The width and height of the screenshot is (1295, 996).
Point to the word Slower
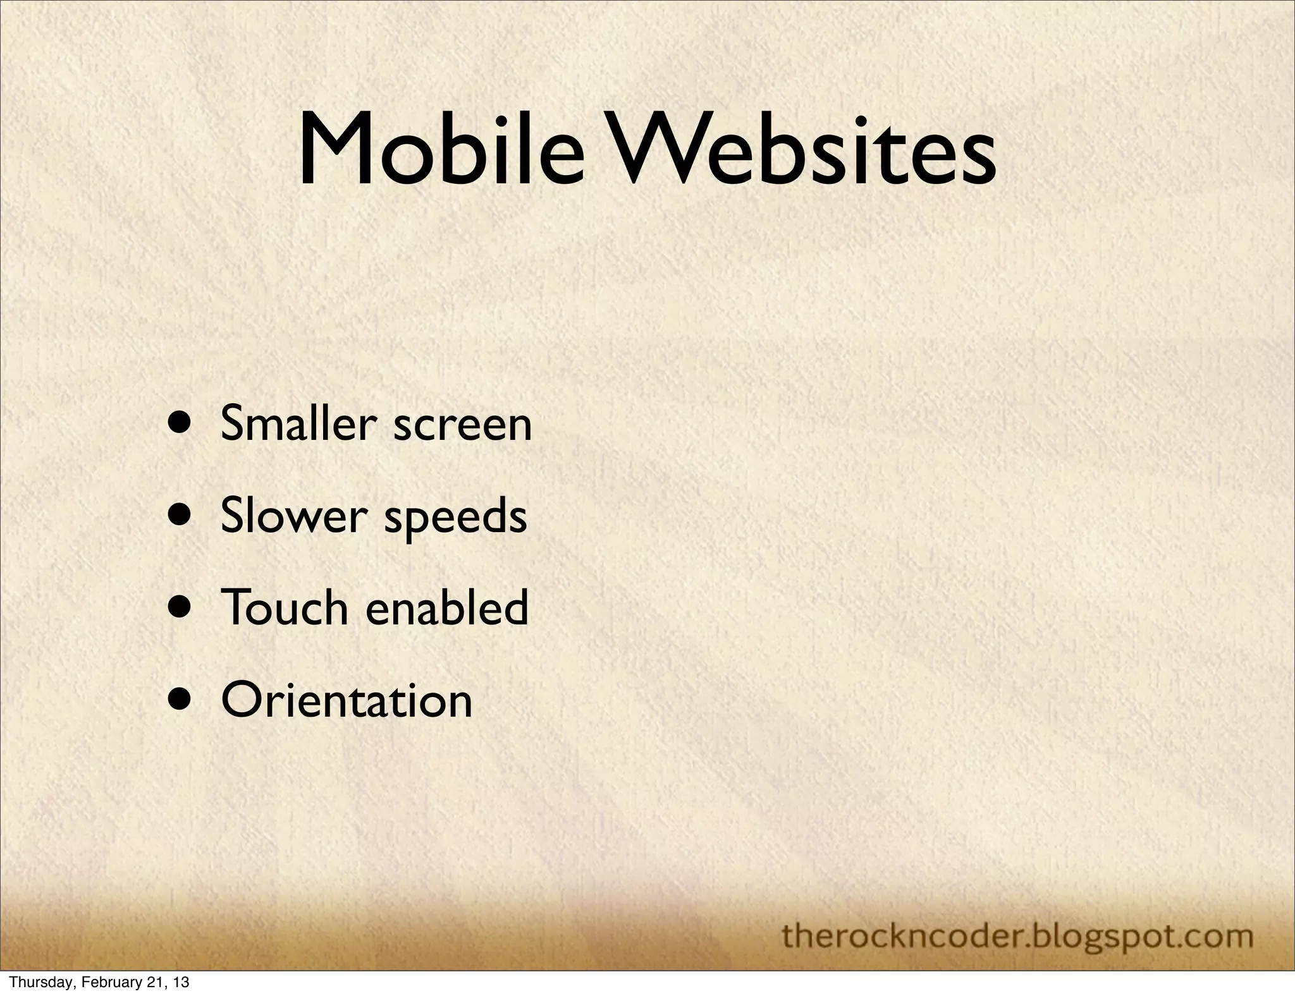point(294,515)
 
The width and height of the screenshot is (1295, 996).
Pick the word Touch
point(285,607)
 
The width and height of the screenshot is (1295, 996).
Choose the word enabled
point(447,607)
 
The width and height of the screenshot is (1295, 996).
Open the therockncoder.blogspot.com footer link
point(1017,935)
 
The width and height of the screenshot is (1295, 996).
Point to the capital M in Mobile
point(334,150)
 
